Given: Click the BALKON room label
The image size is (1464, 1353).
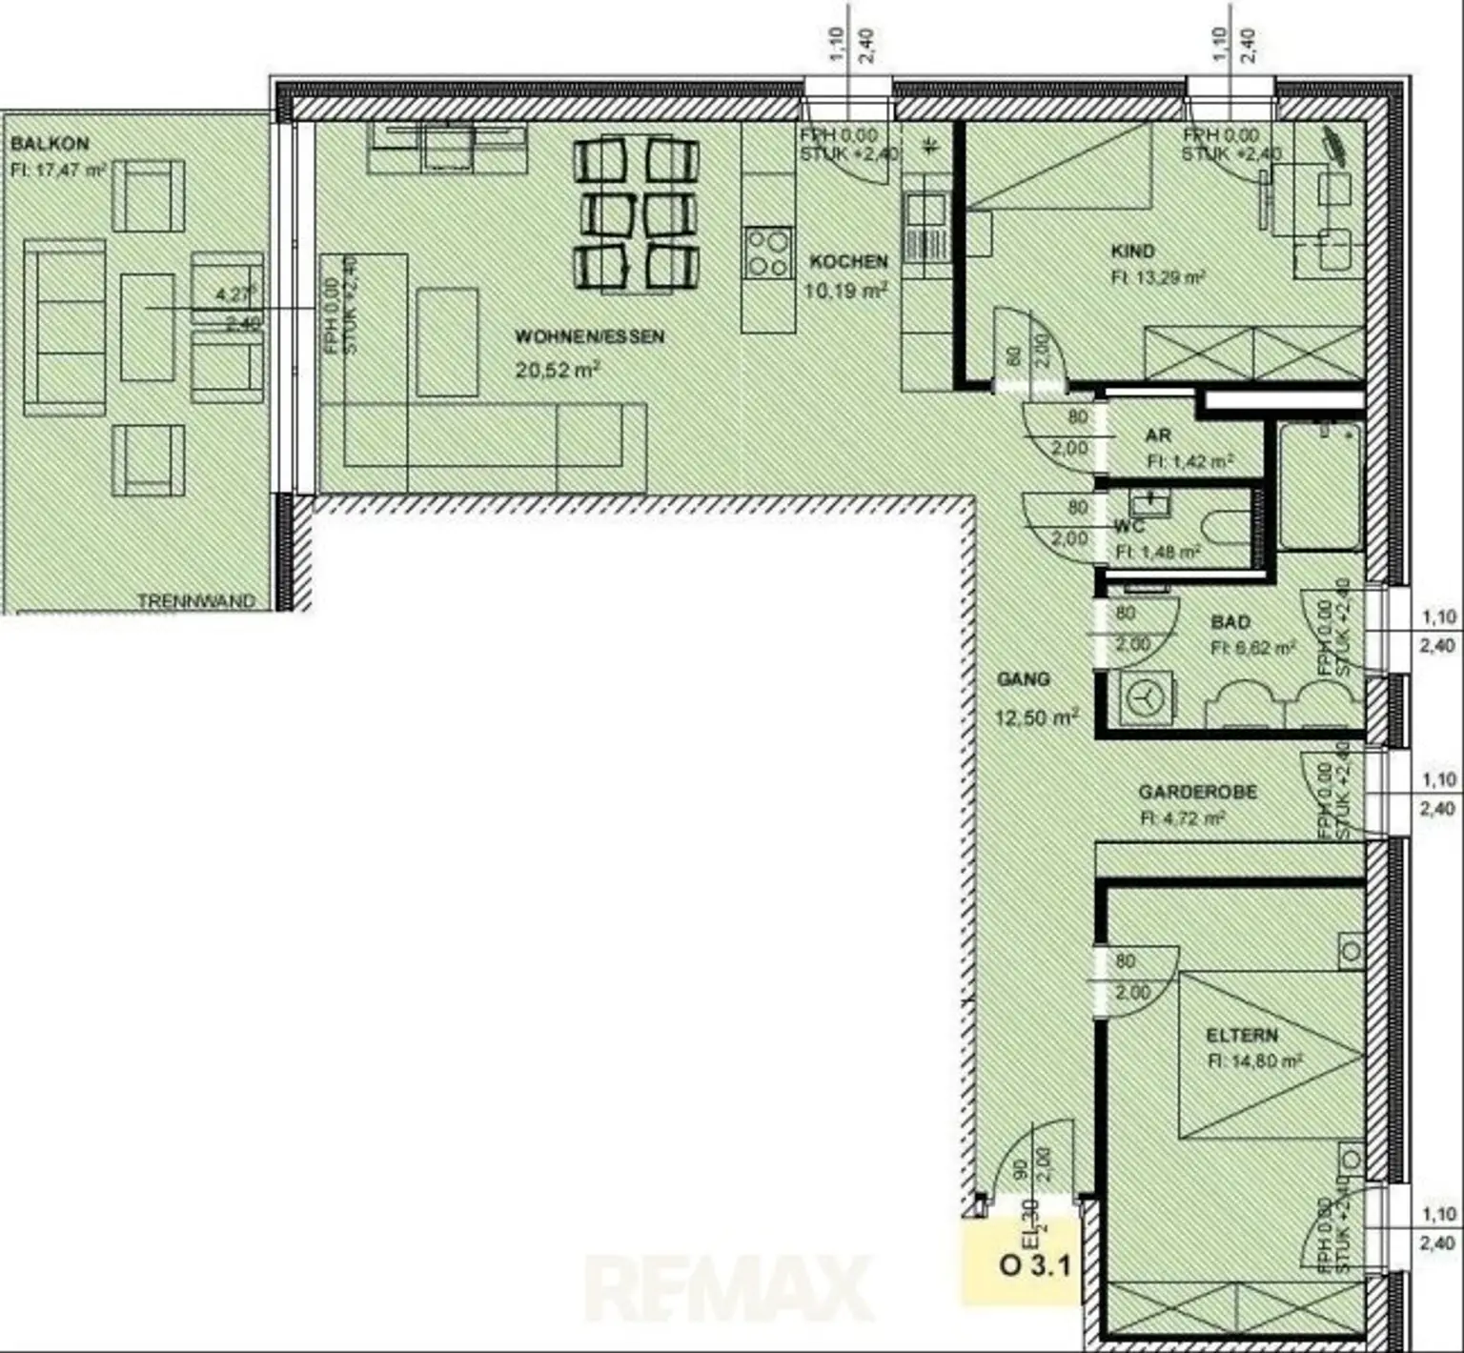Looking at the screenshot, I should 50,144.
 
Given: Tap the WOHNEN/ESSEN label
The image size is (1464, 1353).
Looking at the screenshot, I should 589,337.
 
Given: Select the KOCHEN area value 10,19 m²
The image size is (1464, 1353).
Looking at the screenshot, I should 846,291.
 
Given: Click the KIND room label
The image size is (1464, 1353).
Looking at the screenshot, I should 1132,252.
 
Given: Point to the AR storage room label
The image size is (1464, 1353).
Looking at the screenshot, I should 1157,435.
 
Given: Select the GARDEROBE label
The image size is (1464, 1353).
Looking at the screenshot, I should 1197,792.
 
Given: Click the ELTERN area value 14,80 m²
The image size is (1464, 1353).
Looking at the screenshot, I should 1254,1060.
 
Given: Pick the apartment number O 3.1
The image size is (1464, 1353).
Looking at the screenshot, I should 1034,1266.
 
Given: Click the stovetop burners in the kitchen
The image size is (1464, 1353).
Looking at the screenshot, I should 768,252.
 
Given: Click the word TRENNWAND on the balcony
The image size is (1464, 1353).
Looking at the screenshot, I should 196,601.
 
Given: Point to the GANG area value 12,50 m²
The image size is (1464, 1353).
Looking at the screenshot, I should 1036,717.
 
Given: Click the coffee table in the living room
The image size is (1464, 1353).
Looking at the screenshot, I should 447,342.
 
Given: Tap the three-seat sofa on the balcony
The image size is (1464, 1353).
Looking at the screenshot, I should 64,328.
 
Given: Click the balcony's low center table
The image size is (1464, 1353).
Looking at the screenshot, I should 147,328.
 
